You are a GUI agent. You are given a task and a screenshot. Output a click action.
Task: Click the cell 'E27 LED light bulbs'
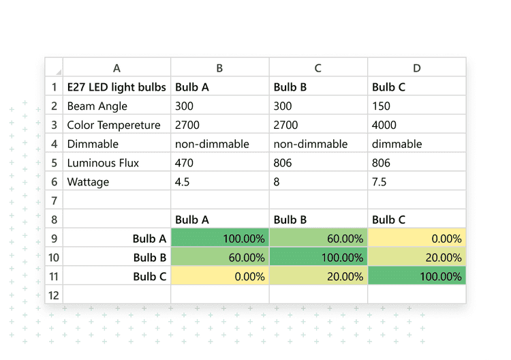point(116,87)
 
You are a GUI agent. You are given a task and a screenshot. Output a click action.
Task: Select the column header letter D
point(417,67)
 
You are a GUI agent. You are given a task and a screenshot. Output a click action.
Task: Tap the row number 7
point(54,201)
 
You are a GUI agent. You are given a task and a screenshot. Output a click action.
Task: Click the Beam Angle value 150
point(382,106)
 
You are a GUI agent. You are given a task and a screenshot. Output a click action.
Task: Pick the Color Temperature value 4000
point(384,125)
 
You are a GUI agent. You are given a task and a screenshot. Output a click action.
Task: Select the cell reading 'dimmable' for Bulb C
point(397,145)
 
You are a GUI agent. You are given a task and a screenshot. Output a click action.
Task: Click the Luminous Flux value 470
point(185,163)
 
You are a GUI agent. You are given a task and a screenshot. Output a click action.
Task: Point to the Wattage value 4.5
point(182,182)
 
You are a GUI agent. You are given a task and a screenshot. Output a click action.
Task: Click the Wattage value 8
point(277,182)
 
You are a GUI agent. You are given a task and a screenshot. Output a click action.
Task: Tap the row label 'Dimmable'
point(93,145)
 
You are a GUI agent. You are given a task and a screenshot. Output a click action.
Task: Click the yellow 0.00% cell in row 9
point(417,239)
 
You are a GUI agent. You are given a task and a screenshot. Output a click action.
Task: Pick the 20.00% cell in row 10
point(417,258)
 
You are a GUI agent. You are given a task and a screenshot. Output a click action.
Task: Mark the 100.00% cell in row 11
point(417,276)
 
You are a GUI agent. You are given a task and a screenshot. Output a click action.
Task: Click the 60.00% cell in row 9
point(318,239)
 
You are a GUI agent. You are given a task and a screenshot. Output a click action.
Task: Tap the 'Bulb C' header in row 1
point(389,87)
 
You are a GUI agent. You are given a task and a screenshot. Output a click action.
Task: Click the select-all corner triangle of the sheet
point(58,71)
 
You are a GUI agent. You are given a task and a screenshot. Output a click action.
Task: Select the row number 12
point(54,295)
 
